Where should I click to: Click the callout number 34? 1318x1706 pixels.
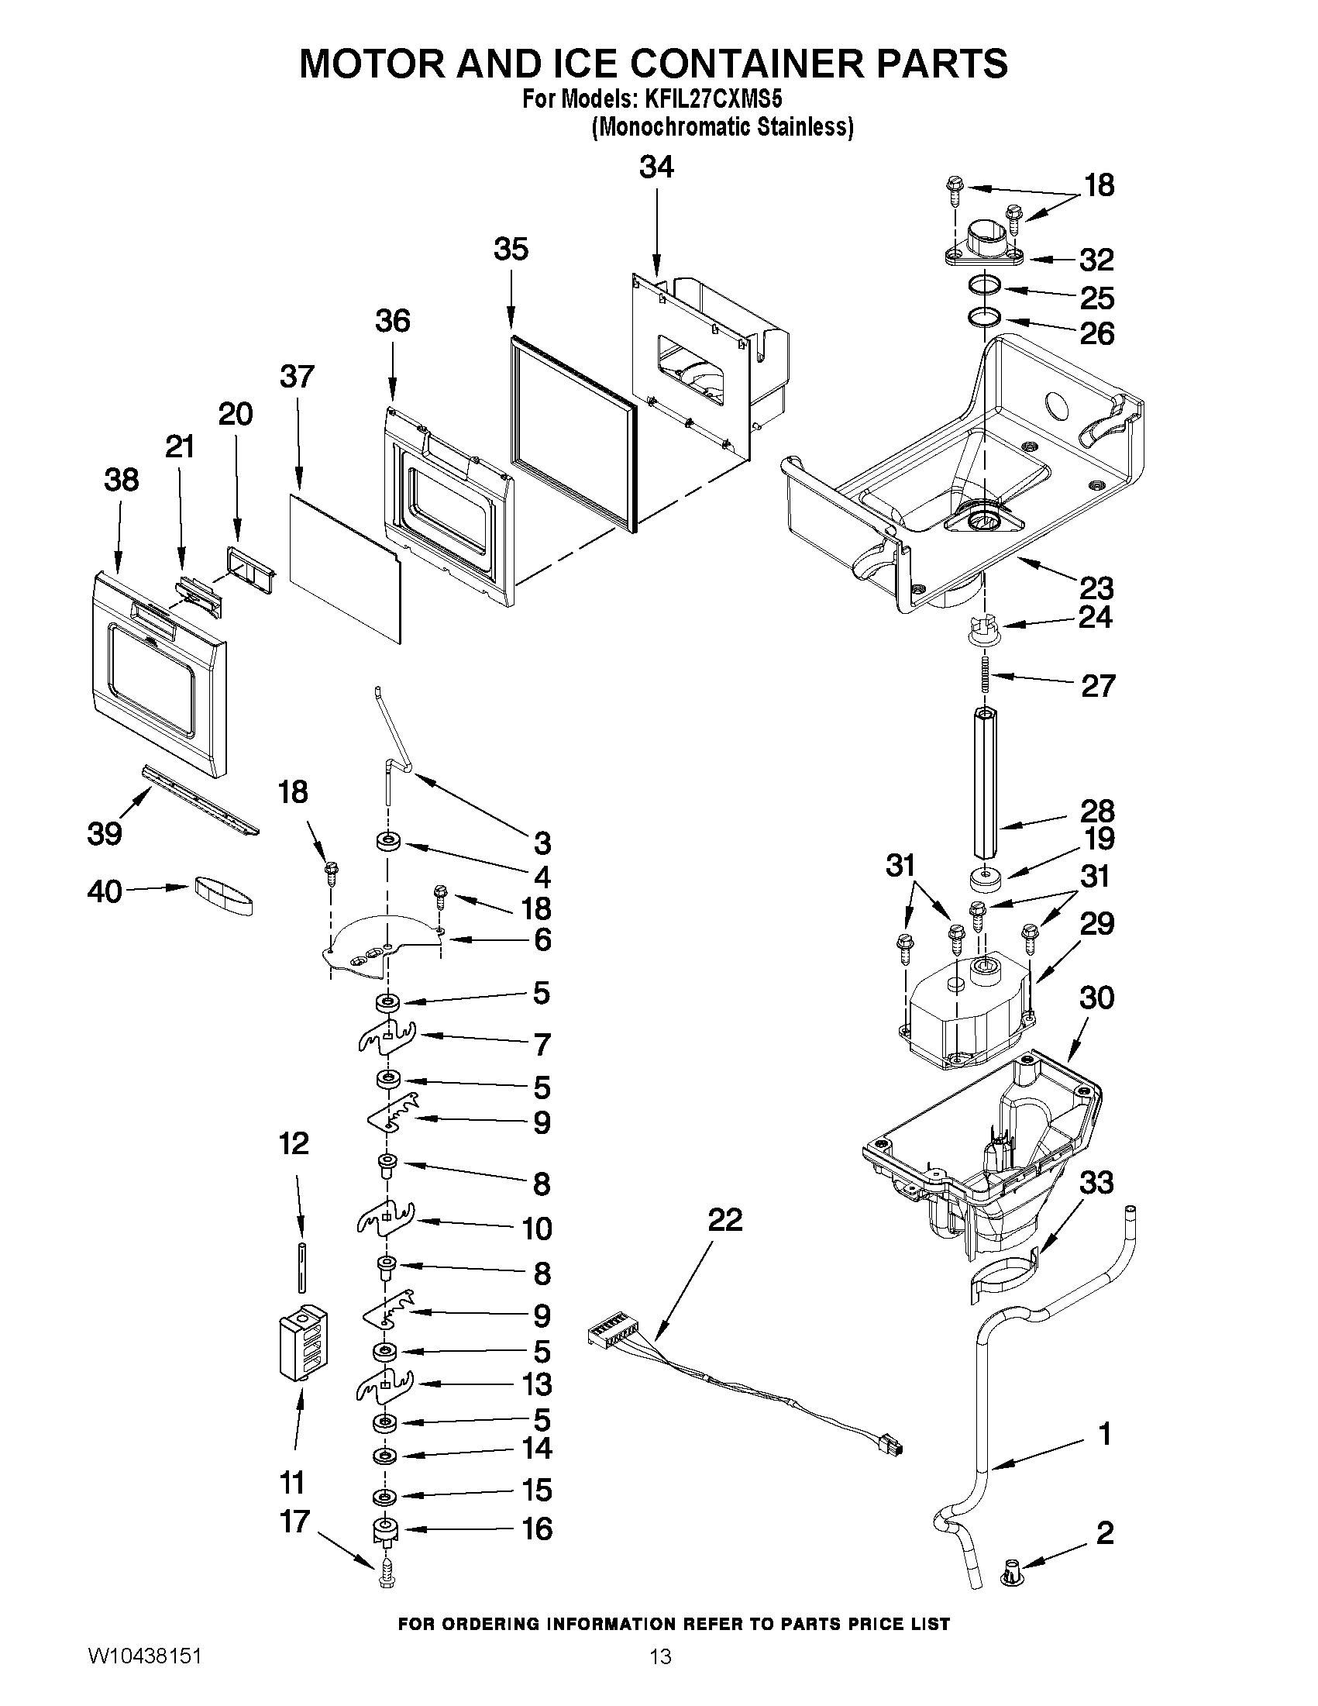point(656,167)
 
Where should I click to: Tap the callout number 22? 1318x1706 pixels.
point(724,1220)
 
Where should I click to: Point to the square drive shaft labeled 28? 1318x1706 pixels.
point(986,781)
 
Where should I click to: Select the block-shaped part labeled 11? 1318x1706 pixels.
point(304,1347)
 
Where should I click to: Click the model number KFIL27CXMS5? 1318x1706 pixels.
point(712,100)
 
